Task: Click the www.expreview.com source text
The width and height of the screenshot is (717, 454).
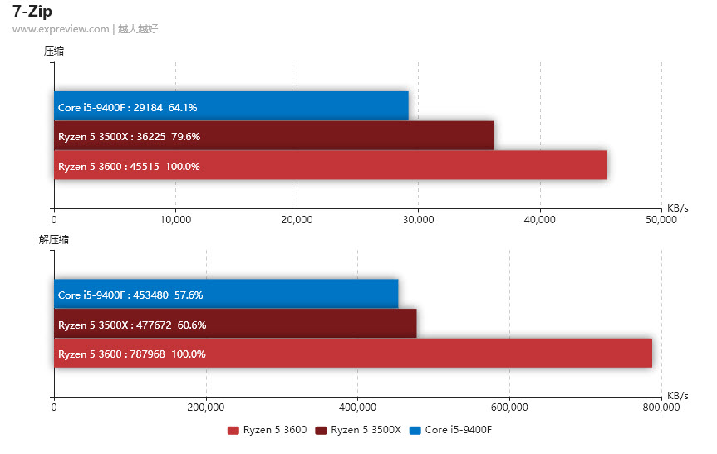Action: [x=61, y=28]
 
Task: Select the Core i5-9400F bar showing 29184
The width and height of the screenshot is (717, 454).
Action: [x=231, y=106]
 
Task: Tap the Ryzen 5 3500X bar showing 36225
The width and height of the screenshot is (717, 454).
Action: [x=274, y=136]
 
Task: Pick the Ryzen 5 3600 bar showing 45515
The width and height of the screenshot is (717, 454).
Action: [x=330, y=165]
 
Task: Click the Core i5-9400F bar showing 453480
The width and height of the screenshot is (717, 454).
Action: [x=226, y=294]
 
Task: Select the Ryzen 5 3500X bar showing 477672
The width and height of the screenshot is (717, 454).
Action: [x=235, y=324]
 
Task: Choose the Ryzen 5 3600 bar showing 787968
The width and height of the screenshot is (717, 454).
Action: [x=352, y=353]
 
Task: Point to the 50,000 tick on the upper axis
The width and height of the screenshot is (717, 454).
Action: [x=661, y=220]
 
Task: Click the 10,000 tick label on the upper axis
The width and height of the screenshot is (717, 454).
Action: [x=175, y=220]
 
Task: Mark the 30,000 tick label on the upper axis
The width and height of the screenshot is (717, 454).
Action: [x=418, y=220]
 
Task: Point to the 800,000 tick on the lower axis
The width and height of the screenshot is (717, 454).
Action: [x=661, y=407]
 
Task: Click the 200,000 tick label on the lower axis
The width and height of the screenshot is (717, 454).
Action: [x=206, y=407]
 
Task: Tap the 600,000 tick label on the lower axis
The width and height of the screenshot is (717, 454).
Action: [x=509, y=407]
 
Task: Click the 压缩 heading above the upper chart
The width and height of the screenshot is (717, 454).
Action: [x=54, y=51]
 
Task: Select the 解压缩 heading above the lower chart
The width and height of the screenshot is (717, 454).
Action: [x=54, y=239]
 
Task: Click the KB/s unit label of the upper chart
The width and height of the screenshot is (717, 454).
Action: [x=677, y=207]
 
